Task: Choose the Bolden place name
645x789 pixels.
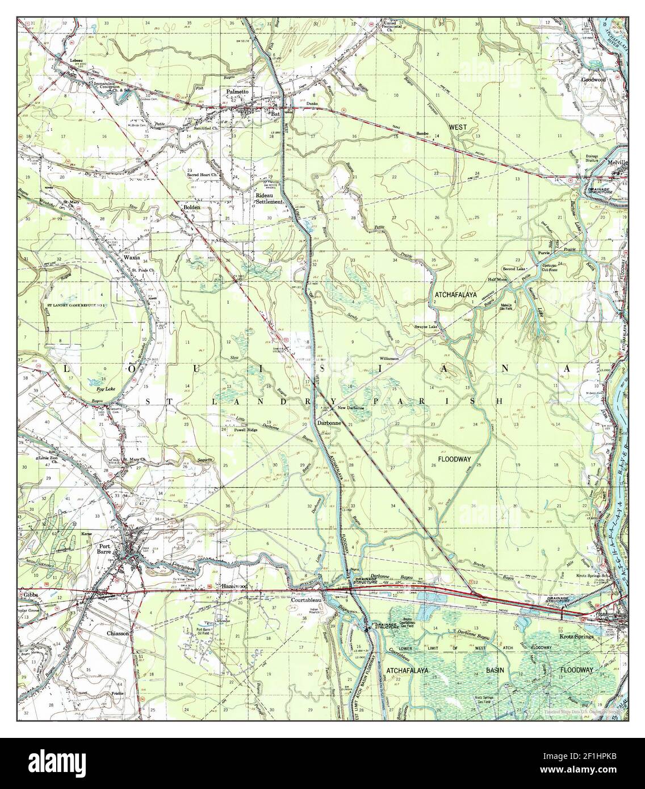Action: (x=192, y=208)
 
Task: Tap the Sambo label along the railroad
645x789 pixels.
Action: (x=422, y=132)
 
